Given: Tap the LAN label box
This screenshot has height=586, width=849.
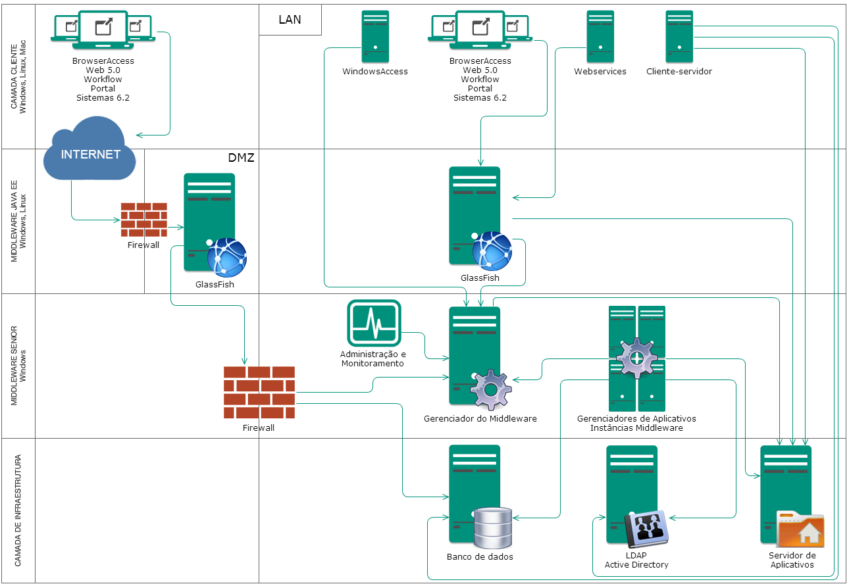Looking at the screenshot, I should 290,20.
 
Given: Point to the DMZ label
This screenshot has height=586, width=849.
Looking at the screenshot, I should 241,158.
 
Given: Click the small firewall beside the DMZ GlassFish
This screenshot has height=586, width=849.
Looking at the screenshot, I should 143,220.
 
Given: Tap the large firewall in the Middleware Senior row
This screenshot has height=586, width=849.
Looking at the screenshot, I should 259,392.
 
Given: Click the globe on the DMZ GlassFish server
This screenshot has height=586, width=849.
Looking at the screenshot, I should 226,257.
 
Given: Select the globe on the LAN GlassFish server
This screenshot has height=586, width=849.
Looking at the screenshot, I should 492,251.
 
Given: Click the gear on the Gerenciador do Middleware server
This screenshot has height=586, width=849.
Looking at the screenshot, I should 491,391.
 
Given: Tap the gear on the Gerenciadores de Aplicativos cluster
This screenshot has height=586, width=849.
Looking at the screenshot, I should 636,358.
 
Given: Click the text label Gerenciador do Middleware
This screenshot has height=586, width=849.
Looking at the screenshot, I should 480,419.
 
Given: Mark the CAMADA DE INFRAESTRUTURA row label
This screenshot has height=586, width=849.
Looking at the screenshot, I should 18,510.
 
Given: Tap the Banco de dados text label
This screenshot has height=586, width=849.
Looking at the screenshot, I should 480,557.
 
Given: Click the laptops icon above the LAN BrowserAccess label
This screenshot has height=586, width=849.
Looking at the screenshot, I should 480,30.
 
